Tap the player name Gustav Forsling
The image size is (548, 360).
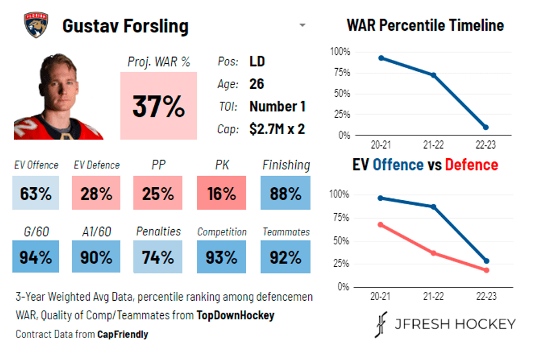point(125,26)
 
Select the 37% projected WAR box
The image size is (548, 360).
point(158,106)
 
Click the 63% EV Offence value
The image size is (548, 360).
point(36,193)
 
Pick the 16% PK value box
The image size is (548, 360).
point(221,193)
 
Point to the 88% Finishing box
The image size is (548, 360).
point(285,193)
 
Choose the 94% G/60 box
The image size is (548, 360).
point(36,257)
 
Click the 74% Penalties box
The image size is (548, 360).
point(158,257)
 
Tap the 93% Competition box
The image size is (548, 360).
point(221,257)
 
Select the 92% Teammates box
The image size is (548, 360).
point(285,257)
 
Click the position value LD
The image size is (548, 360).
point(257,61)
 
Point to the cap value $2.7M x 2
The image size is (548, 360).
point(277,129)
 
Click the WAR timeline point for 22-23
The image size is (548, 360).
point(485,127)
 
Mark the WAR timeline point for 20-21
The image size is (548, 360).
point(381,58)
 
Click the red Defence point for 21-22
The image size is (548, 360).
point(433,253)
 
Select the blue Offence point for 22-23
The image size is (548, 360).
point(486,261)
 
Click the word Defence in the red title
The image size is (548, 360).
point(471,164)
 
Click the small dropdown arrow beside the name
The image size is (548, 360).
point(302,25)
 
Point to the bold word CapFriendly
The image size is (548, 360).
point(122,334)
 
